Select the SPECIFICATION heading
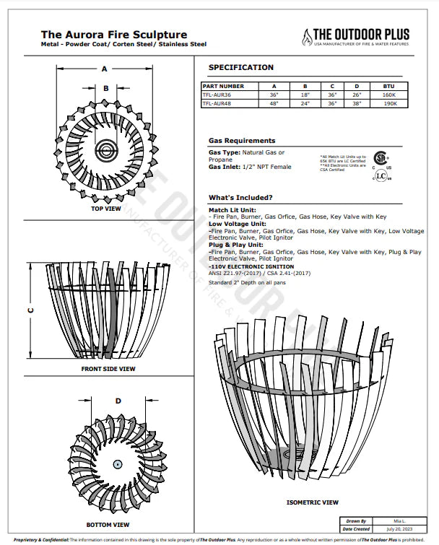pyautogui.click(x=240, y=68)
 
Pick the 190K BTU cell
pyautogui.click(x=390, y=103)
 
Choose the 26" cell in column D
pyautogui.click(x=357, y=95)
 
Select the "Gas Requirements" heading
pyautogui.click(x=241, y=141)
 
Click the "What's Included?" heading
pyautogui.click(x=240, y=197)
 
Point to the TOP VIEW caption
pyautogui.click(x=105, y=209)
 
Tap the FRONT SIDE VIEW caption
pyautogui.click(x=108, y=369)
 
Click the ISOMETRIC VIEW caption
pyautogui.click(x=313, y=502)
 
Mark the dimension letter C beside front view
pyautogui.click(x=30, y=310)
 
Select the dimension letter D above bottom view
pyautogui.click(x=118, y=401)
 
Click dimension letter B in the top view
pyautogui.click(x=105, y=89)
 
